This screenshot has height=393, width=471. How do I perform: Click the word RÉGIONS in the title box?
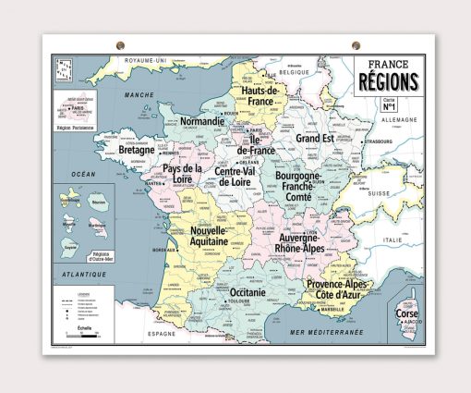tap(389, 82)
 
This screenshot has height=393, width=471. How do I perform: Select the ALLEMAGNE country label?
tap(399, 120)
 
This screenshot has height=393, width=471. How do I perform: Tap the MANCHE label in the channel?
tap(140, 94)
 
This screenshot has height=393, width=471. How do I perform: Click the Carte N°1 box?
tap(390, 104)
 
